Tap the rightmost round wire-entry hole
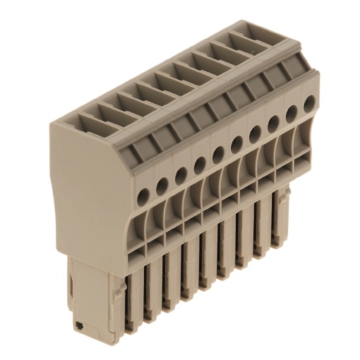point(308,102)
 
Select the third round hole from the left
point(181,171)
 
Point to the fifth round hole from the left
point(218,150)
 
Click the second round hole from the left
point(162,181)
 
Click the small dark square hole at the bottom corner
point(80,326)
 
